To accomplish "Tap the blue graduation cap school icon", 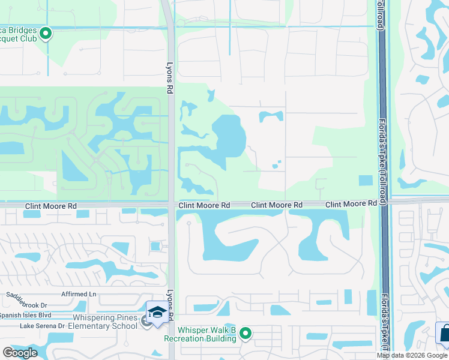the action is tap(157, 313).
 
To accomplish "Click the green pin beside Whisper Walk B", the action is tap(246, 333).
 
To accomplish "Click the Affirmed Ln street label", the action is tap(79, 294).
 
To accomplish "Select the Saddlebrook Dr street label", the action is tap(27, 296).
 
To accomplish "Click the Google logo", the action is tap(20, 352).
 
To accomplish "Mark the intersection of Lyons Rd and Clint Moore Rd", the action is tap(172, 205).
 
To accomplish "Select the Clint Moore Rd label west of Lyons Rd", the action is tap(51, 206).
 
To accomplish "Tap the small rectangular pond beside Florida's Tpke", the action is tap(364, 180).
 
